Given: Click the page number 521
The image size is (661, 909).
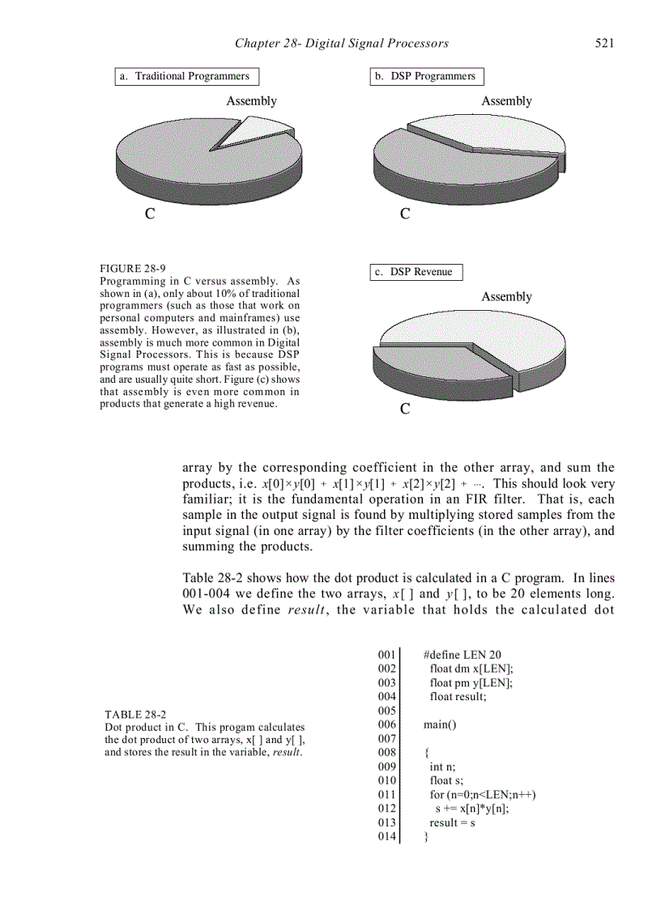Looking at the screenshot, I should point(603,43).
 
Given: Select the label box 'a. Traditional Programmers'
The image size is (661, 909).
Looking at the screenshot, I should point(186,77).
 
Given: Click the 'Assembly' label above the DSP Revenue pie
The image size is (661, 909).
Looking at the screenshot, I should point(506,297).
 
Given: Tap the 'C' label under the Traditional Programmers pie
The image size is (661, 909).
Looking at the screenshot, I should point(149,215).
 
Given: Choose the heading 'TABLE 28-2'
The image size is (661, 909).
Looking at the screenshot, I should point(135,715).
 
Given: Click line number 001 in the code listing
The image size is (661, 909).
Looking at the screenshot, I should point(386,654).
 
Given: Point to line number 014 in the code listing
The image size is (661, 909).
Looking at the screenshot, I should point(386,837).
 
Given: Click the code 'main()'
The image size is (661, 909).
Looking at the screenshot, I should point(440,724).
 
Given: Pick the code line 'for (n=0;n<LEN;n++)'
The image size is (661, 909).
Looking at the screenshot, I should point(483,795).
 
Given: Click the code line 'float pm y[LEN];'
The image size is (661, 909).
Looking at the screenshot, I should point(471,682).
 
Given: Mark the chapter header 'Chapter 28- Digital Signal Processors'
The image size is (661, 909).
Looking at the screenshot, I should point(341,43).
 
